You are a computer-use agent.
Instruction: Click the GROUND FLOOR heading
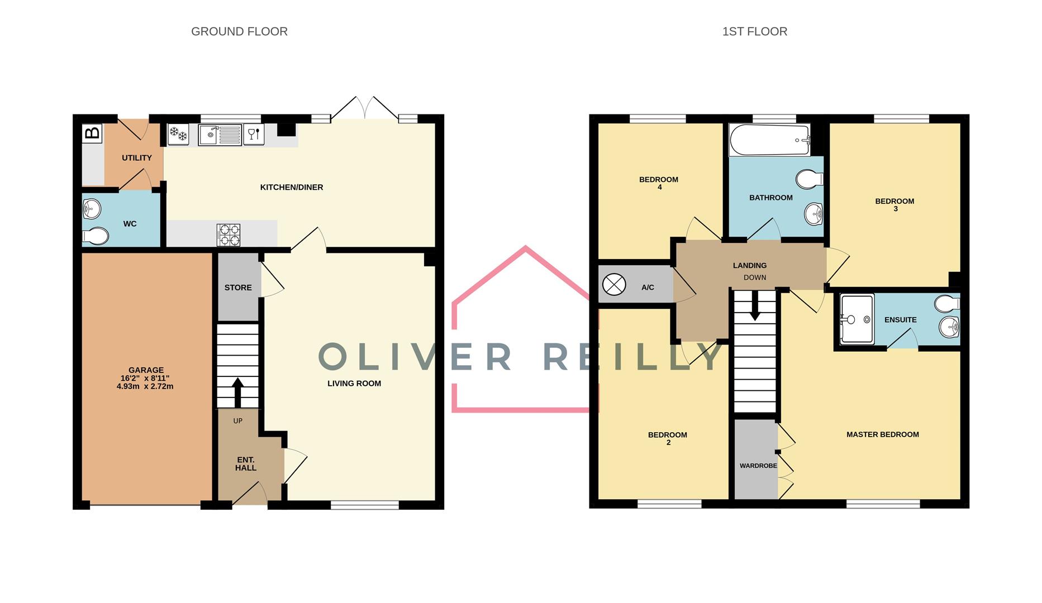coord(239,32)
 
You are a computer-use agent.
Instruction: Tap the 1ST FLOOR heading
coord(754,32)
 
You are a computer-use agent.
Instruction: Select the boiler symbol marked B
coord(92,133)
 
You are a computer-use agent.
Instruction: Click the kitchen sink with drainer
coord(220,135)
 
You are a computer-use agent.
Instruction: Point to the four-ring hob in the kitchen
coord(229,235)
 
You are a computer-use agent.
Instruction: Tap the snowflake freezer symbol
coord(178,134)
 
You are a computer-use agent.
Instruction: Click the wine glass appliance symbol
coord(253,134)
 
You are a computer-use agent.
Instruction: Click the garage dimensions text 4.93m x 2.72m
coord(145,386)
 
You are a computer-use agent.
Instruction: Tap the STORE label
coord(238,288)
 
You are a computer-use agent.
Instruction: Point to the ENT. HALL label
coord(245,464)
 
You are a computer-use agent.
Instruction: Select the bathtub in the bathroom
coord(769,140)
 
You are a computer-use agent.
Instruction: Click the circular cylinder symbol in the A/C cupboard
coord(614,285)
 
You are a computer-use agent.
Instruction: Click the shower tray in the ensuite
coord(857,319)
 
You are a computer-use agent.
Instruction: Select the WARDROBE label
coord(758,466)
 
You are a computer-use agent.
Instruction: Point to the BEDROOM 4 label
coord(659,183)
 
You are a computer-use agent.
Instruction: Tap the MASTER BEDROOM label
coord(882,434)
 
